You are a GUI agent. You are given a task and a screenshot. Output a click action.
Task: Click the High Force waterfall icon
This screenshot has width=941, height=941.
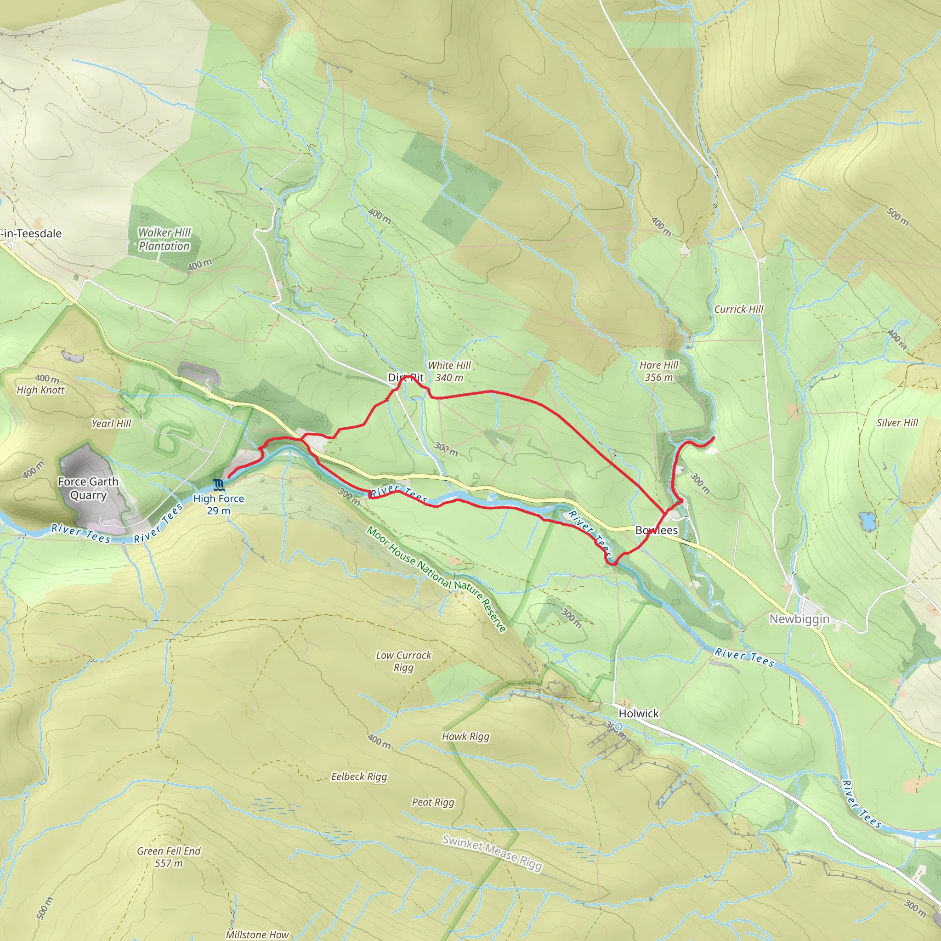[x=218, y=484]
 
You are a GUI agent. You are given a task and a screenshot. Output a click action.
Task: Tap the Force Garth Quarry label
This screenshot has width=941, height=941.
[x=88, y=488]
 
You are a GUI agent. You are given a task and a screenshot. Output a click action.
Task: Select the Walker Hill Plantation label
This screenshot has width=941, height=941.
[x=164, y=239]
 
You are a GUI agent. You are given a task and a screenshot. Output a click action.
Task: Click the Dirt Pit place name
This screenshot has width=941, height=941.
[x=406, y=378]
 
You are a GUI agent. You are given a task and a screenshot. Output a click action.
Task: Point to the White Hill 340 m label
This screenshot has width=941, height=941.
[x=449, y=371]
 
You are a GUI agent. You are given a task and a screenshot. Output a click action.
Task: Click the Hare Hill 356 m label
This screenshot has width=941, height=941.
[x=658, y=371]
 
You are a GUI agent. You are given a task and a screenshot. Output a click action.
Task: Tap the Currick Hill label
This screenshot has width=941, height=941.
[x=738, y=309]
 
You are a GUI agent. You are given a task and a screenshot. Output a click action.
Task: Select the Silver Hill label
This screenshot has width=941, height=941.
[x=897, y=422]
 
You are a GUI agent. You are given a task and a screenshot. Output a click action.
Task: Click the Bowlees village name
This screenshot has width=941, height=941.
[x=656, y=530]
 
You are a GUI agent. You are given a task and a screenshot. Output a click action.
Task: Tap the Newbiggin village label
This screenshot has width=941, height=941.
[x=799, y=618]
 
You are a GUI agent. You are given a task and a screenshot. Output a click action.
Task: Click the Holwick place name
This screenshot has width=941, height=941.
[x=638, y=713]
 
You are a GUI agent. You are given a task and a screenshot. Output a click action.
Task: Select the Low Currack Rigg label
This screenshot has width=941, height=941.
[x=403, y=661]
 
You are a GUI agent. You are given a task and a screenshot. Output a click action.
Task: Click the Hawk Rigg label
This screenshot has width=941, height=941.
[x=465, y=736]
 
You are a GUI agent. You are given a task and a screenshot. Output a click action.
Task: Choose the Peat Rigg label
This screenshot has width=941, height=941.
[x=433, y=802]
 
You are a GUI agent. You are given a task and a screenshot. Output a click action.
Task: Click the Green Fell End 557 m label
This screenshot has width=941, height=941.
[x=169, y=857]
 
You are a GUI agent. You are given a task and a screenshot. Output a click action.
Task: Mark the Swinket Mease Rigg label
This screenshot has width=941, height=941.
[x=492, y=853]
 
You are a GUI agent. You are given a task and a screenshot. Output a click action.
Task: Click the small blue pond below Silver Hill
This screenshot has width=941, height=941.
[x=867, y=521]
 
